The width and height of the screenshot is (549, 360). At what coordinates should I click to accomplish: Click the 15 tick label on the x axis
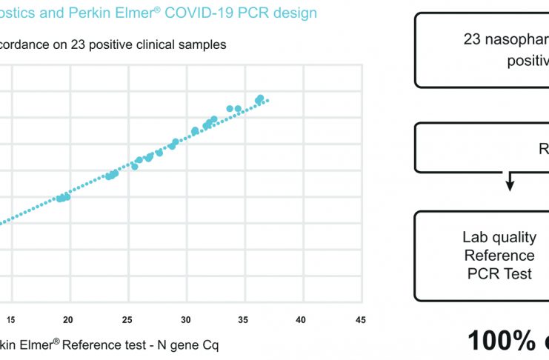point(10,319)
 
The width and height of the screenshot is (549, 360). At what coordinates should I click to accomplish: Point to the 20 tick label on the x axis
point(68,319)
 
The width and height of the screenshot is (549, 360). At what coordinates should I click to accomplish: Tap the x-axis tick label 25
point(127,319)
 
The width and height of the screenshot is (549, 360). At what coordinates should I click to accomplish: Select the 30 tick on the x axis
point(184,319)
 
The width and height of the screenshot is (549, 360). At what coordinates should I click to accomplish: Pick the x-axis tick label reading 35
point(243,319)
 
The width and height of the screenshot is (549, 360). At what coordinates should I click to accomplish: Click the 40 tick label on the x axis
point(301,319)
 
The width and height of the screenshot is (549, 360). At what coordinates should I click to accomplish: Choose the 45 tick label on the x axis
point(359,319)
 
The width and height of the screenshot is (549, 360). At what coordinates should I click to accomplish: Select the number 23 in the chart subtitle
point(79,44)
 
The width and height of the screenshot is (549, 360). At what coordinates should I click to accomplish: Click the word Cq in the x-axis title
point(210,345)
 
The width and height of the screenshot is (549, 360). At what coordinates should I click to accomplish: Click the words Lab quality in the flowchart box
point(499,237)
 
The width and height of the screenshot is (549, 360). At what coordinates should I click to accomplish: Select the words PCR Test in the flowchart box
point(499,273)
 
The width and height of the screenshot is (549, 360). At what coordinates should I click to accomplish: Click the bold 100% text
point(501,340)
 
